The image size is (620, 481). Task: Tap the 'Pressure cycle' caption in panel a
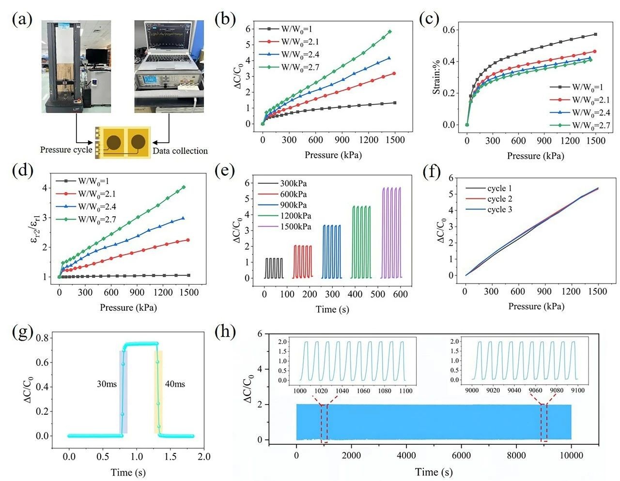pyautogui.click(x=66, y=150)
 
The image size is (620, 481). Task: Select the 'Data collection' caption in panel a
pyautogui.click(x=180, y=151)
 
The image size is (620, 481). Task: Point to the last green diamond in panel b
pyautogui.click(x=389, y=32)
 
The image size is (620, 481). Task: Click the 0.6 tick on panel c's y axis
pyautogui.click(x=449, y=30)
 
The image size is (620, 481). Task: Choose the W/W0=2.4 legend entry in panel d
pyautogui.click(x=97, y=207)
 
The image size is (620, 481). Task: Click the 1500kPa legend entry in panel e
pyautogui.click(x=295, y=226)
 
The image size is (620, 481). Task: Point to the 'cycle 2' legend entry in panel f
pyautogui.click(x=499, y=199)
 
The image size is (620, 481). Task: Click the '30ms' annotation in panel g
pyautogui.click(x=107, y=384)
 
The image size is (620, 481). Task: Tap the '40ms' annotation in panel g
pyautogui.click(x=174, y=384)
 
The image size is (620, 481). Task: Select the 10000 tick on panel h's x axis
pyautogui.click(x=571, y=455)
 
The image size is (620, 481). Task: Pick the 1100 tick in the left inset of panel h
pyautogui.click(x=405, y=391)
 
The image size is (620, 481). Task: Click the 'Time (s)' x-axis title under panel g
pyautogui.click(x=128, y=472)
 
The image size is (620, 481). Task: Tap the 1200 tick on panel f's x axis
pyautogui.click(x=571, y=291)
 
